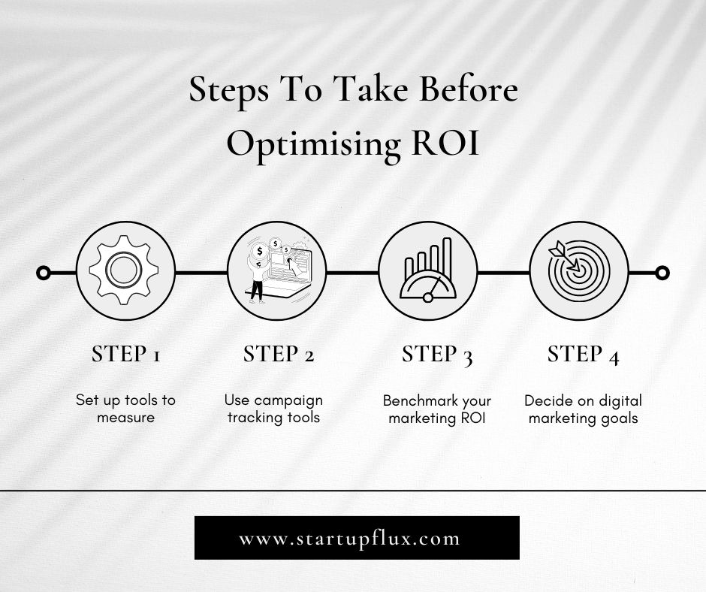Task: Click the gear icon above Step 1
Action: [x=124, y=270]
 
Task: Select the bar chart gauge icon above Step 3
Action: [x=428, y=270]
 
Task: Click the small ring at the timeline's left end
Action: [x=44, y=273]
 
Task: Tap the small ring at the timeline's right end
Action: [x=662, y=273]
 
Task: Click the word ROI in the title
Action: [x=445, y=143]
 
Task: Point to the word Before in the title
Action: [x=468, y=89]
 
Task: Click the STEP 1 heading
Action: [x=126, y=354]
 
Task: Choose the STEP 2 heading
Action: [x=278, y=354]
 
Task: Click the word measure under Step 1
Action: [x=125, y=417]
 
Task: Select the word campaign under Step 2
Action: [x=291, y=401]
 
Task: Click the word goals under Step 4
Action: [x=618, y=418]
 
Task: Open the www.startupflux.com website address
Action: [x=349, y=539]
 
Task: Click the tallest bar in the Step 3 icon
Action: [x=447, y=257]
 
